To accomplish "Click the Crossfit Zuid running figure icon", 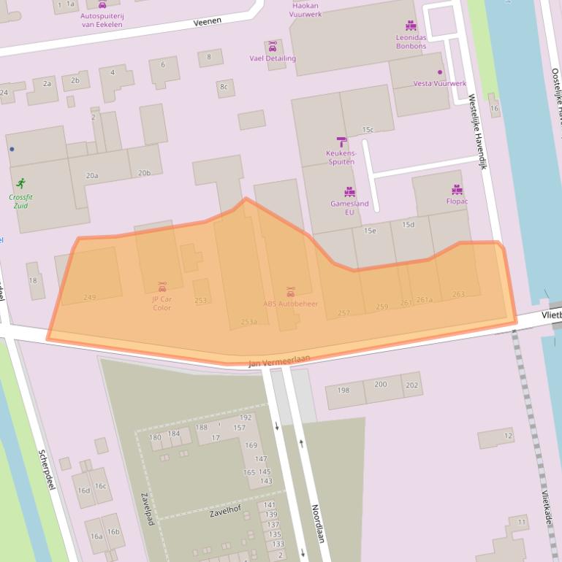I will point(20,183).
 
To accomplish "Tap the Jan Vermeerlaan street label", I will point(279,361).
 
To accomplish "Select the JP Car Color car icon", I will point(162,286).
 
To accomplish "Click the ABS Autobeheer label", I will point(291,304).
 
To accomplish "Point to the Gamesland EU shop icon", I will point(349,192).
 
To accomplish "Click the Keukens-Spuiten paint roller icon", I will point(341,142).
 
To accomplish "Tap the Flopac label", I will point(457,201).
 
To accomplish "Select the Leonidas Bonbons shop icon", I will point(411,26).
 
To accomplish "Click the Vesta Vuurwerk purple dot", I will point(440,72).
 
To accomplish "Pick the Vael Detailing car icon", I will point(273,47).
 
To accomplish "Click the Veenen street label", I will point(207,23).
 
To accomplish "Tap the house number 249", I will point(90,297).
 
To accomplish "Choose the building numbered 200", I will point(381,385).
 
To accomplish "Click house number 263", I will point(458,294).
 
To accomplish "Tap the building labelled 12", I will point(508,436).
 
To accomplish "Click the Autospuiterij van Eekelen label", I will point(102,20).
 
